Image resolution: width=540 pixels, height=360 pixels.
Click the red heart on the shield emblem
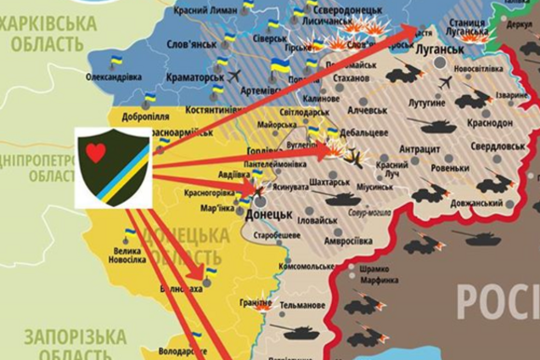click(x=96, y=153)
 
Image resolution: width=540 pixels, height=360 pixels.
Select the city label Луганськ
click(x=440, y=49)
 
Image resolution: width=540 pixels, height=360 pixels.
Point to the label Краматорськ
click(x=194, y=76)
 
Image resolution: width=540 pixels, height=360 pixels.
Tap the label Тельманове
click(x=302, y=305)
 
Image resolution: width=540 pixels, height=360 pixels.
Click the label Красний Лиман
click(x=205, y=8)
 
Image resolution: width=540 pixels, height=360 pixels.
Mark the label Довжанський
click(x=475, y=203)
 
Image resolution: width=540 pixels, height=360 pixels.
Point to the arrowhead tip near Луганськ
click(x=418, y=29)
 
